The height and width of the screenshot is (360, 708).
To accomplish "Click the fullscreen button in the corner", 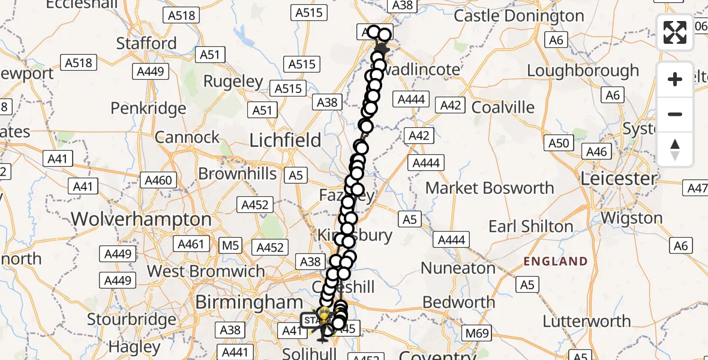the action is click(x=675, y=32).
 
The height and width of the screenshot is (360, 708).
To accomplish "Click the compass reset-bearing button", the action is click(x=675, y=149).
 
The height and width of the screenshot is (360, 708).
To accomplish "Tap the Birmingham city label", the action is click(x=250, y=302).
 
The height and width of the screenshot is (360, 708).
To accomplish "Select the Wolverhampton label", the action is click(x=142, y=219).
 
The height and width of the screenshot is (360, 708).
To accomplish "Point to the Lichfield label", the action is click(x=285, y=140).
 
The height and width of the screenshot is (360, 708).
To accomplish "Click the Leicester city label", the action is click(x=618, y=178).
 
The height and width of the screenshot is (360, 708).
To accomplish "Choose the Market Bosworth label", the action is click(x=490, y=188).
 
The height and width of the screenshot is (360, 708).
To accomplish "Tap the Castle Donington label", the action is click(x=518, y=16).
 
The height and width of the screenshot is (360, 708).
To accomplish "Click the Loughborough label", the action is click(x=583, y=71).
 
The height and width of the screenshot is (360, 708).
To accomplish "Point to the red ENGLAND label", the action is click(x=556, y=261).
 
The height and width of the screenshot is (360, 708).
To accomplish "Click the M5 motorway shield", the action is click(x=230, y=245).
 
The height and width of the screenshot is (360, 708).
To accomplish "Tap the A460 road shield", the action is click(x=158, y=180).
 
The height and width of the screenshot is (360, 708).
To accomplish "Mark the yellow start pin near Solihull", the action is click(x=324, y=314).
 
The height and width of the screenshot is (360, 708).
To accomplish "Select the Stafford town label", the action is click(x=146, y=43).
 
